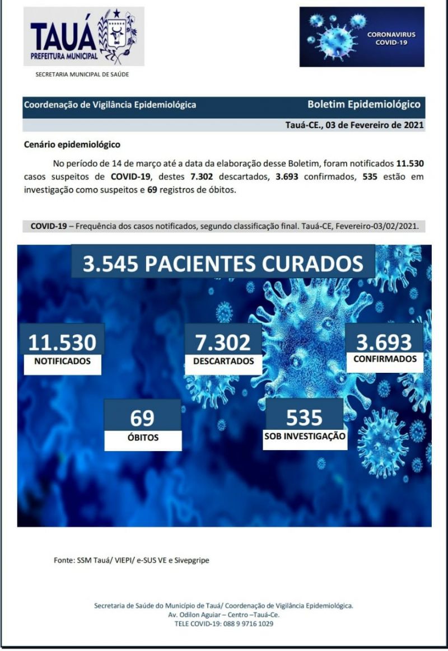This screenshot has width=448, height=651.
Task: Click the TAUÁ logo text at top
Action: click(63, 36)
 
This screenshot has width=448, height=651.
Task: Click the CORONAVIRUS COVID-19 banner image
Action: click(362, 37)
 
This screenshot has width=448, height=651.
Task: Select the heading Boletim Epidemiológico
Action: click(364, 104)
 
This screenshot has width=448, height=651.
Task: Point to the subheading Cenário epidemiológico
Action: click(72, 144)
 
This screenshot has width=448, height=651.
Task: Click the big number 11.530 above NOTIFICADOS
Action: click(62, 342)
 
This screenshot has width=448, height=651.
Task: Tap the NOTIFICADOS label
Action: click(62, 362)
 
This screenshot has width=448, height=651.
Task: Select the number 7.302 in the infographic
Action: click(223, 342)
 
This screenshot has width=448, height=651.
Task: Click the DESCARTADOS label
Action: click(223, 362)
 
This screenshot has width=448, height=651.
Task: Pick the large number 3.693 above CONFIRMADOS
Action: click(384, 341)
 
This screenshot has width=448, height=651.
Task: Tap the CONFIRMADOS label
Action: click(385, 359)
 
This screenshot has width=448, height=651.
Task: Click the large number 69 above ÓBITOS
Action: click(142, 418)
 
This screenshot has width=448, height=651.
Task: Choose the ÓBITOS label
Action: click(143, 438)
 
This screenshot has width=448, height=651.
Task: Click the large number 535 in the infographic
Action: click(304, 417)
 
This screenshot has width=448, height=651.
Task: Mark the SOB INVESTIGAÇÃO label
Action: click(305, 436)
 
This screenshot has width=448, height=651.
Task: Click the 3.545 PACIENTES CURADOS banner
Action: click(222, 263)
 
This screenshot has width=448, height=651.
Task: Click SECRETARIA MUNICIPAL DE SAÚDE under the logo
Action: click(82, 74)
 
